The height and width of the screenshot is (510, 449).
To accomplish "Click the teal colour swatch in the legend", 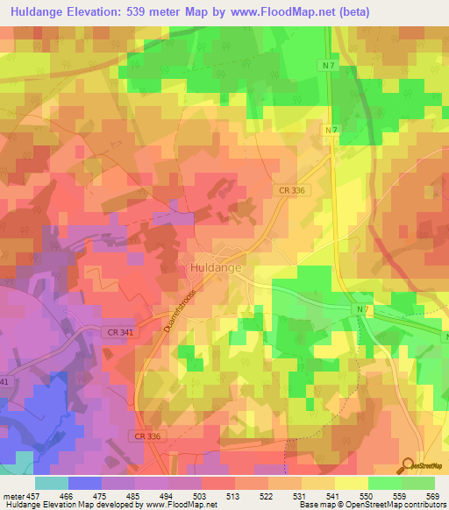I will [x=52, y=483].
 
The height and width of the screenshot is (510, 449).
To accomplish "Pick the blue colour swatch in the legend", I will [x=85, y=483].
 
